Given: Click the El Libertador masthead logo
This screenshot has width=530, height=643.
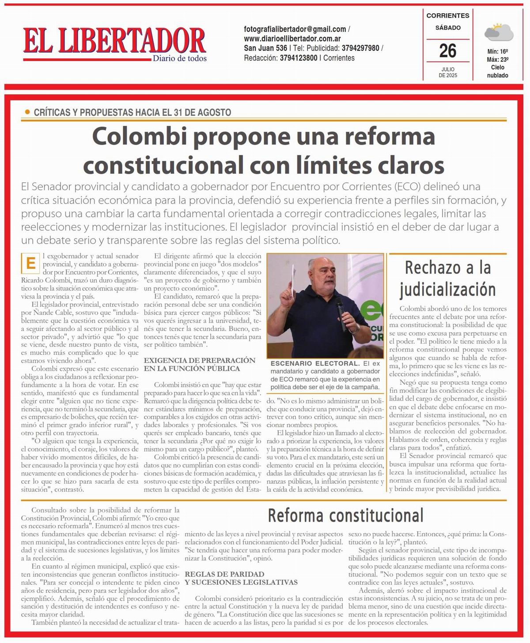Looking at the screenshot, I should (x=114, y=41).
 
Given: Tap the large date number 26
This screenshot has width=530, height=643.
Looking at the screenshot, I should (x=447, y=51).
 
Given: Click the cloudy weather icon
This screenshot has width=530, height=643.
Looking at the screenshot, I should (x=498, y=32).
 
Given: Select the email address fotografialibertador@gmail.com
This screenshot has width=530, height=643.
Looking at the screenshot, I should (x=295, y=29).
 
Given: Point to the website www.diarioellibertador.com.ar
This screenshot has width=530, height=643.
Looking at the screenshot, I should (x=292, y=38).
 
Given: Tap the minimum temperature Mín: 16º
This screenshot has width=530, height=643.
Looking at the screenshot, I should (x=498, y=51).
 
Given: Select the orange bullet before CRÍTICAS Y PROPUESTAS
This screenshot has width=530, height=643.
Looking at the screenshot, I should (x=27, y=112).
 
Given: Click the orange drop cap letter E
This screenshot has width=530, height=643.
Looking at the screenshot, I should (x=30, y=264).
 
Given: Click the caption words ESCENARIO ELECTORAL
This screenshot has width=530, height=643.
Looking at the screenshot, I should (x=315, y=363).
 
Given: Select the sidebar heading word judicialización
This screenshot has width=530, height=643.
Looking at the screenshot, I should (x=447, y=290).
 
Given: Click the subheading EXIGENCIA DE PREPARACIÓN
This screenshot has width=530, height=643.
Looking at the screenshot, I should (x=199, y=360).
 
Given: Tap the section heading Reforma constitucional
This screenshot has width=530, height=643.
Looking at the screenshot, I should (x=345, y=515).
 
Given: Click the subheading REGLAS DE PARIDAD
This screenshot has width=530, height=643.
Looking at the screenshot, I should (x=224, y=574).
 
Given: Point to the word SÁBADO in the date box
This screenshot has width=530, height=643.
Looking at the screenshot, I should (x=447, y=28).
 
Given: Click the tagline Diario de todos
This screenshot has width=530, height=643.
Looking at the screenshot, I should (x=179, y=59).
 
